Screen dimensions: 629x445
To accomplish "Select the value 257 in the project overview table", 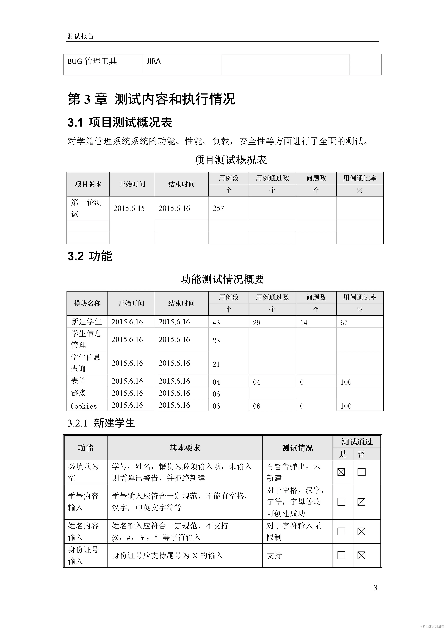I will click(218, 208).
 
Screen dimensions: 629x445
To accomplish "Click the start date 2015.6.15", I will click(129, 208).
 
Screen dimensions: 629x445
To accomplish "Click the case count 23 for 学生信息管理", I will click(216, 341).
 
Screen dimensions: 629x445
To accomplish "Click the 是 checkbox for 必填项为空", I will click(341, 472).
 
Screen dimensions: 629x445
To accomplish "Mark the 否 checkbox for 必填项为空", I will click(361, 472).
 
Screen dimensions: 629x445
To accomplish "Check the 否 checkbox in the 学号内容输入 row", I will click(361, 502).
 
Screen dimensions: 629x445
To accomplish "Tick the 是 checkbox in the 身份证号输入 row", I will click(341, 555).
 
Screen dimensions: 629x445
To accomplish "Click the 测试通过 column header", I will click(357, 442).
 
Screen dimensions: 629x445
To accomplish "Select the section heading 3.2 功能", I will click(90, 256).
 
